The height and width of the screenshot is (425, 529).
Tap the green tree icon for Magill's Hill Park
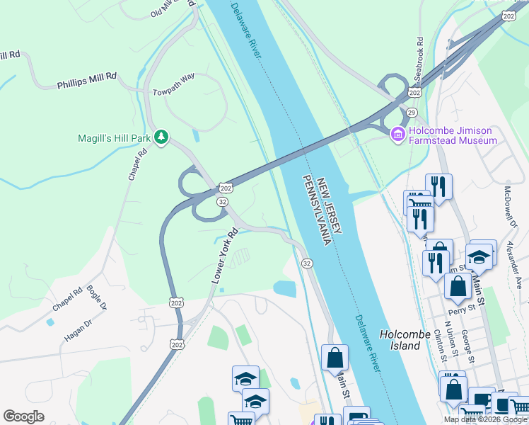[161, 137]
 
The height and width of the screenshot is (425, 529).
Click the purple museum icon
[397, 132]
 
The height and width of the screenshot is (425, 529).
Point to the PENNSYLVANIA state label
[316, 210]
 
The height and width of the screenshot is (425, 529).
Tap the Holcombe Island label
[409, 340]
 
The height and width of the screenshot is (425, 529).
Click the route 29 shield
[412, 113]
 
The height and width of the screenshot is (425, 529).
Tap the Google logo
[23, 416]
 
